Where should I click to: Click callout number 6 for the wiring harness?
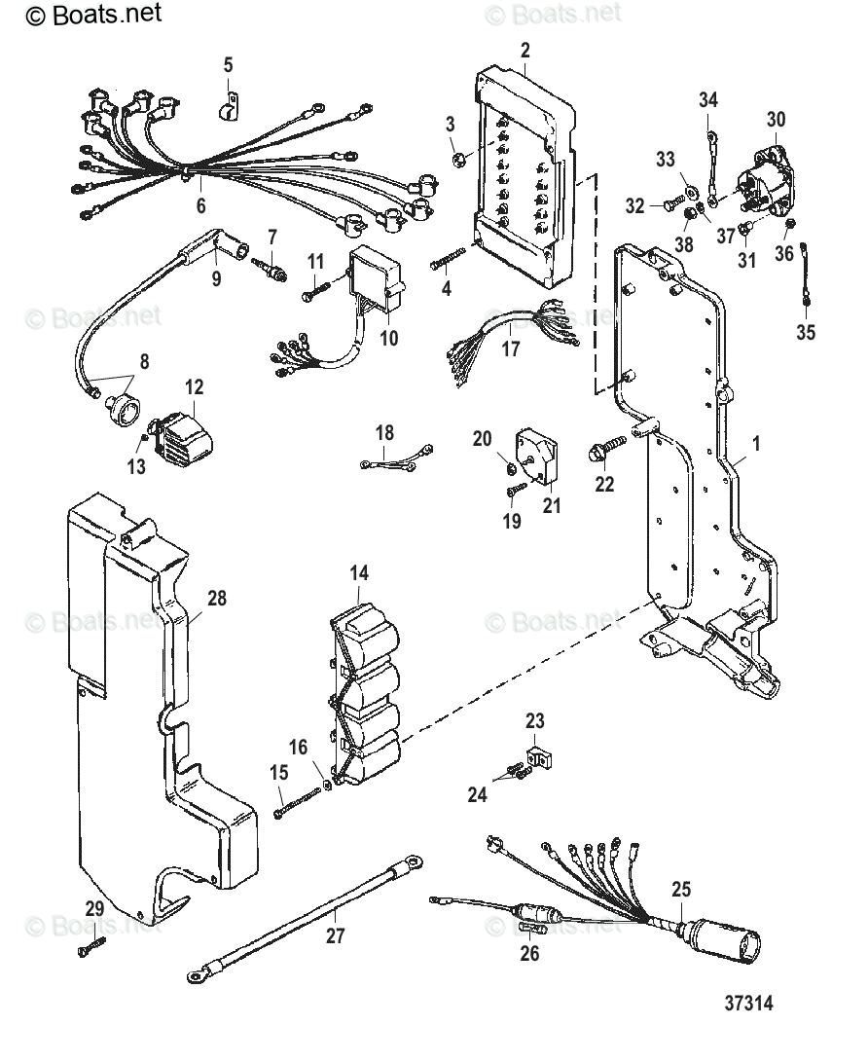tap(201, 206)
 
